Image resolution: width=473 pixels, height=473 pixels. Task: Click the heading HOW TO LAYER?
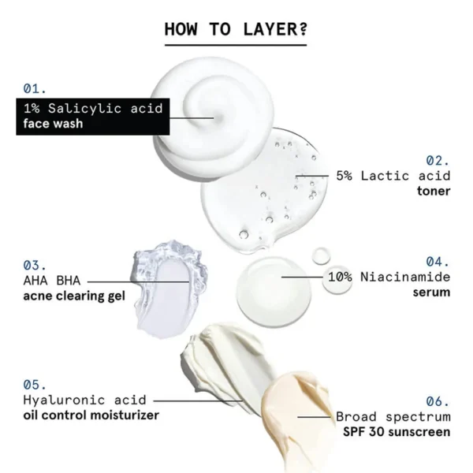[235, 30]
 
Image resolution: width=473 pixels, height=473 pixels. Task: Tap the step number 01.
[35, 88]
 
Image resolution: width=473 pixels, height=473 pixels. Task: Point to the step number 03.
[35, 265]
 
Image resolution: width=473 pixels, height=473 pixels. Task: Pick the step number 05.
[35, 385]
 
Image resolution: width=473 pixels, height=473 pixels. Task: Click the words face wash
[53, 124]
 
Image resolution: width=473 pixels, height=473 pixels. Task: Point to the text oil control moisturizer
[91, 415]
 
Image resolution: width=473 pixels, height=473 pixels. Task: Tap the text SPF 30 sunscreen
[397, 432]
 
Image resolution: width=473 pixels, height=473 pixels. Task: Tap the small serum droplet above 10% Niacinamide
[322, 255]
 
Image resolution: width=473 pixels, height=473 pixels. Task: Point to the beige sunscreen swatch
[296, 418]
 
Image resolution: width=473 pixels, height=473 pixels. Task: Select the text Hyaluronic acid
[74, 400]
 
